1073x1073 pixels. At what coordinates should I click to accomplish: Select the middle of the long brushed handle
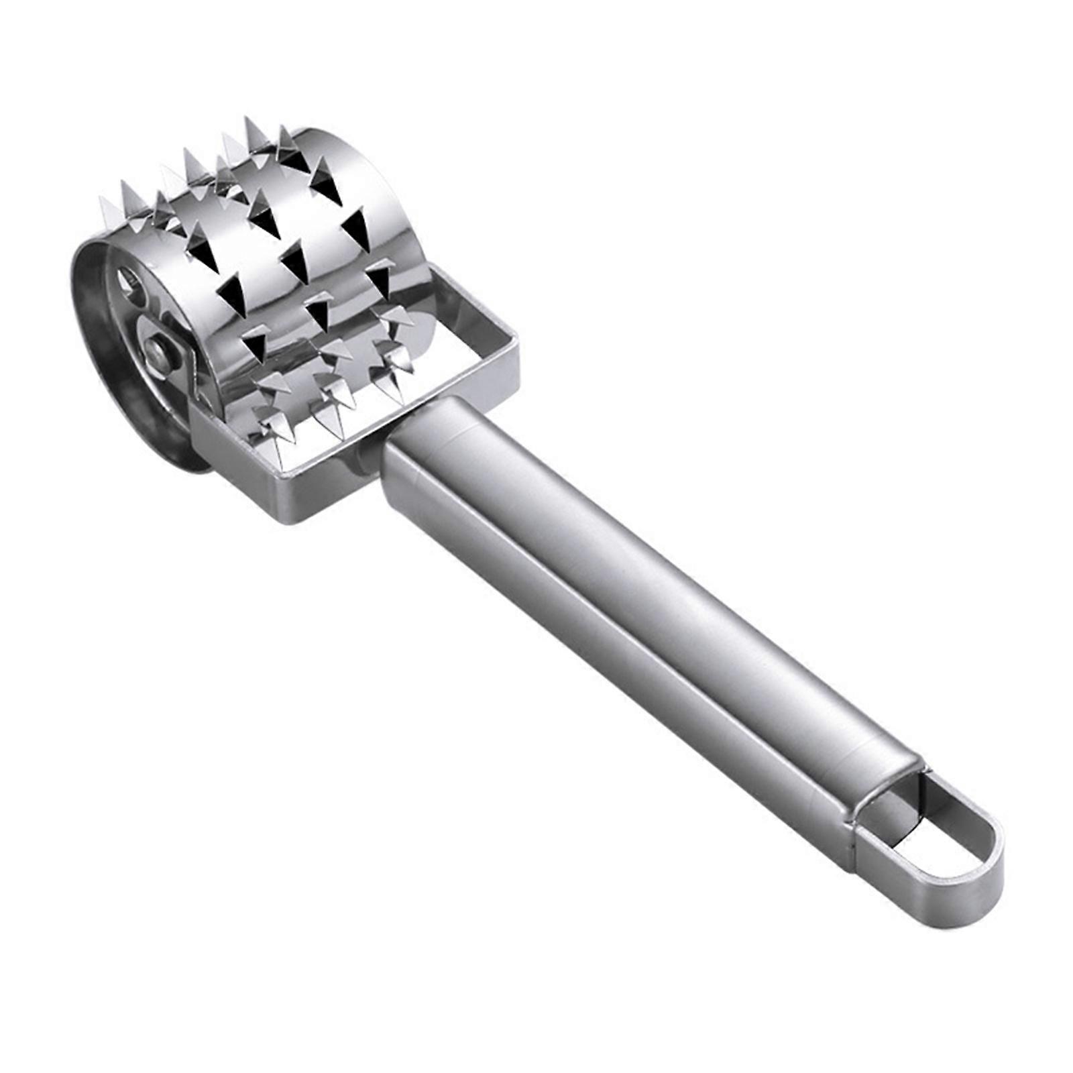[624, 604]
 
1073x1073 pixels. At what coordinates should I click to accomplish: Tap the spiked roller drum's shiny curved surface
[308, 255]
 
